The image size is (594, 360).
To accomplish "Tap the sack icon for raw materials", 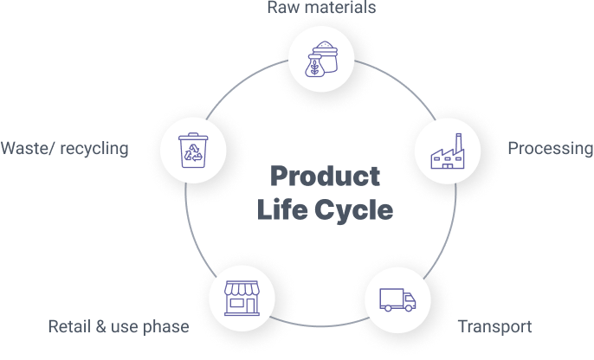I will click(322, 60).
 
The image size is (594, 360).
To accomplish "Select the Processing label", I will click(550, 149).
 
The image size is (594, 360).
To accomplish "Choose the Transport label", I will click(494, 326).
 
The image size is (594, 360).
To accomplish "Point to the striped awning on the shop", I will click(242, 289).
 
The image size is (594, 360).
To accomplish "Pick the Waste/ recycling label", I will click(64, 149).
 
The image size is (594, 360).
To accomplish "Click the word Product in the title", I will click(325, 177).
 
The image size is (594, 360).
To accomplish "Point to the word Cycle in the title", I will click(357, 210).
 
